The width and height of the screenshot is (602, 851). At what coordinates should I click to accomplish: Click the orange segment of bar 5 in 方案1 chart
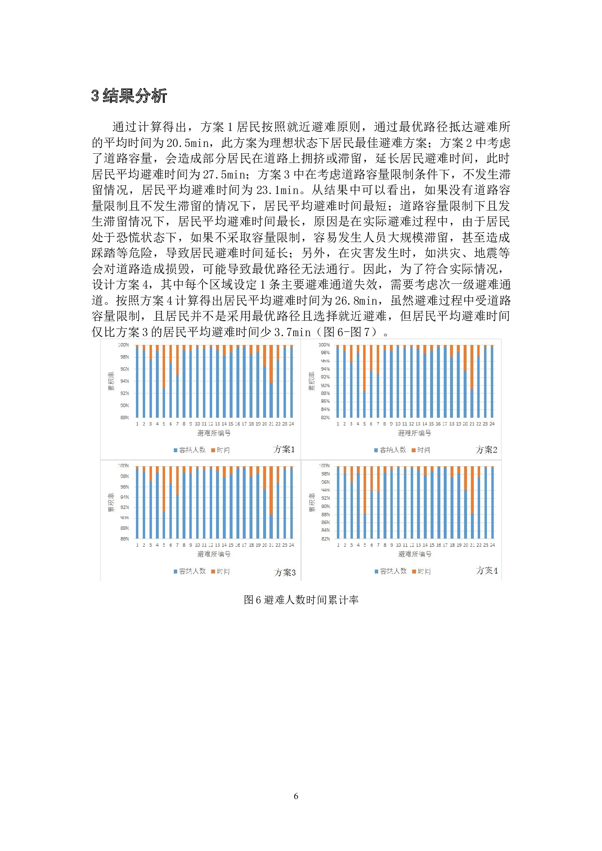[164, 366]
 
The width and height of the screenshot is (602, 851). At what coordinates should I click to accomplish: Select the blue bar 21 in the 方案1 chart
[271, 400]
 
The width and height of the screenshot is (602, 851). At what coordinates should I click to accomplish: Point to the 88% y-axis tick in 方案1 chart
[124, 417]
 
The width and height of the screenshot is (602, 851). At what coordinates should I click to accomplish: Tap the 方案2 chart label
[486, 450]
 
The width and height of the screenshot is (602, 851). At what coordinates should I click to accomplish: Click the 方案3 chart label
[284, 573]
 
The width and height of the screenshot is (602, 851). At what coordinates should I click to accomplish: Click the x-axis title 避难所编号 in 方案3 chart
[214, 554]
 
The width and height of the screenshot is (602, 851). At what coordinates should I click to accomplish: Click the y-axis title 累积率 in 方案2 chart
[312, 381]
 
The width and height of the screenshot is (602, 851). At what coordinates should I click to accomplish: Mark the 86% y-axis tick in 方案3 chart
[124, 539]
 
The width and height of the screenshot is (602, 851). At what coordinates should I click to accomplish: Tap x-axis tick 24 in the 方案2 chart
[492, 424]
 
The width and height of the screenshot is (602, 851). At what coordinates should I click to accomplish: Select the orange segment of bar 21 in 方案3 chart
[271, 490]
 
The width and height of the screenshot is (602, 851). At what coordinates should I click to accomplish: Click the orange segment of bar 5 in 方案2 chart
[365, 368]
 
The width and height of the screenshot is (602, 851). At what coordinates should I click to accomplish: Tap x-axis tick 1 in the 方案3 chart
[137, 545]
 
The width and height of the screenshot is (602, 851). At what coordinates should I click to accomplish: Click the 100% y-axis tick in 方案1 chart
[123, 345]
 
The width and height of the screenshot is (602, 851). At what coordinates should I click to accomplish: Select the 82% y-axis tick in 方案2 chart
[325, 417]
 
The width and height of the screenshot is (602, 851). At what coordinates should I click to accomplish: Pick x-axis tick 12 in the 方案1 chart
[211, 424]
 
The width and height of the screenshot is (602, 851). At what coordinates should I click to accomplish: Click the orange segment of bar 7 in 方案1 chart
[177, 360]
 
